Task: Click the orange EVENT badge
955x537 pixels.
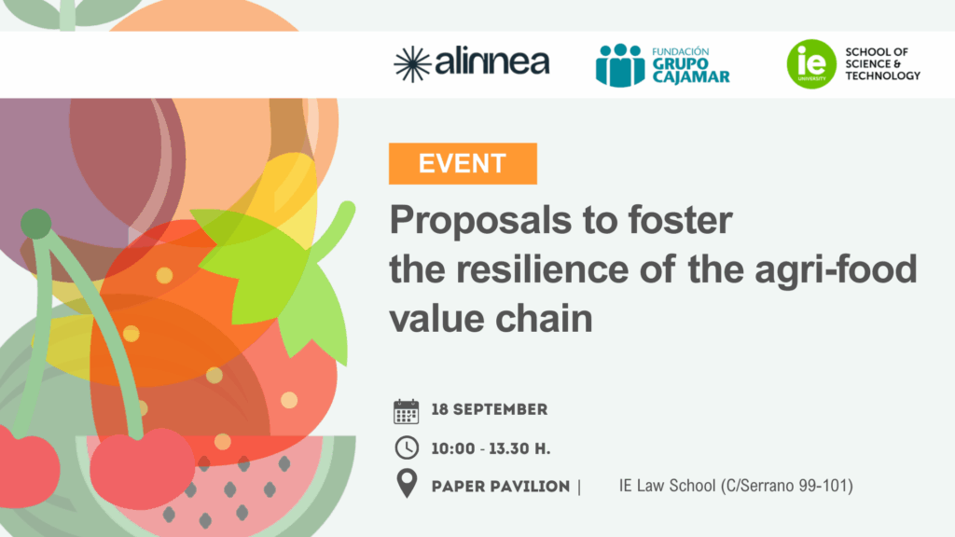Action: coord(463,164)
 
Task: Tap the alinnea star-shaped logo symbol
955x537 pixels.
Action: coord(411,64)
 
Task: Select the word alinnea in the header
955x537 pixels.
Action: coord(492,61)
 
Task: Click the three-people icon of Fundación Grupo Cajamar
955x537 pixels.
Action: coord(620,65)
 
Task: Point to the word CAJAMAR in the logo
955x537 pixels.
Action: coord(691,76)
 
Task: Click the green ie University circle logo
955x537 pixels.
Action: coord(811,64)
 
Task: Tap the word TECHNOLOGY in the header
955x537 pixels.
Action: coord(882,76)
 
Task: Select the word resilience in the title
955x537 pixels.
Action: coord(542,269)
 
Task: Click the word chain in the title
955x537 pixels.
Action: coord(544,319)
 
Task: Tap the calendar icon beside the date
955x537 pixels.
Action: coord(407,411)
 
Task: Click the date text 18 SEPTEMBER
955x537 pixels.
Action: coord(490,410)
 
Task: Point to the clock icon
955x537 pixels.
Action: coord(407,448)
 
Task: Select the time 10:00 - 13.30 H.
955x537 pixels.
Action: coord(491,449)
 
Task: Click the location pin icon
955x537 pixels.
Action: coord(407,484)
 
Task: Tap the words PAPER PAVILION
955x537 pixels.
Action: coord(501,487)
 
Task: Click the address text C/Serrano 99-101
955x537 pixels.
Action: coord(786,486)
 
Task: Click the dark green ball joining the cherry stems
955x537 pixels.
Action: coord(36,224)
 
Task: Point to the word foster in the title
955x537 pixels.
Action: coord(680,220)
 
